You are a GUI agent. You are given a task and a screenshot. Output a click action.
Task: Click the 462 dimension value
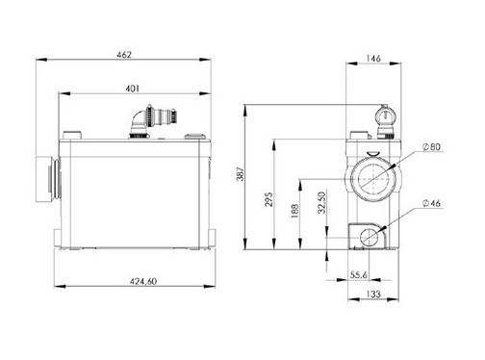(x=124, y=55)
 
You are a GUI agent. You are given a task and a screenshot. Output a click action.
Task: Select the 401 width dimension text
(x=132, y=89)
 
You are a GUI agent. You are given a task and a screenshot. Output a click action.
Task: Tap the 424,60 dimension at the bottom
(x=143, y=281)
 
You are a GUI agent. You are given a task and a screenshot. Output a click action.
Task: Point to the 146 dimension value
(x=373, y=59)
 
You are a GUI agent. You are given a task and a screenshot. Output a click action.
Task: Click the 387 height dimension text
(x=241, y=174)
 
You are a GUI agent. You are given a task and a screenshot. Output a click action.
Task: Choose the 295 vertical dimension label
(x=269, y=199)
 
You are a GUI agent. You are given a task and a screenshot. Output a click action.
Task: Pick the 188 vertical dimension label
(x=294, y=211)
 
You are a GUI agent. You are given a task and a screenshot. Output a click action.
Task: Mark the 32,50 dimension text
(x=322, y=203)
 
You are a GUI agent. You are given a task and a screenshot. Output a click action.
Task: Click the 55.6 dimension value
(x=359, y=275)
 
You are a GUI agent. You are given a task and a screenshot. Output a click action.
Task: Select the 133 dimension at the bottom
(x=373, y=294)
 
